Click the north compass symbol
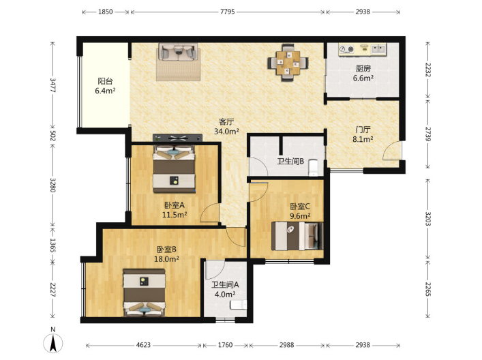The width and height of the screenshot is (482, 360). (53, 342)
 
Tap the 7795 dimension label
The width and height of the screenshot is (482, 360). (228, 12)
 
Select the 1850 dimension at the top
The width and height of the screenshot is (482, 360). (106, 12)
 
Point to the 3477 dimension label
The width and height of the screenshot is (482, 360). (53, 85)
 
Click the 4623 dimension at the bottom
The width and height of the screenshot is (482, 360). (143, 345)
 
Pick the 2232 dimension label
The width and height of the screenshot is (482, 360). (428, 70)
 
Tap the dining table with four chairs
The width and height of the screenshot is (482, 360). (288, 63)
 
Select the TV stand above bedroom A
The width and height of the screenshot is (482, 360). (177, 138)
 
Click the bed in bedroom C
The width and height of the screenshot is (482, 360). (297, 236)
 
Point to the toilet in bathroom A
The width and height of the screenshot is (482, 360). (239, 305)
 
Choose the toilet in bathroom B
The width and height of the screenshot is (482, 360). (313, 168)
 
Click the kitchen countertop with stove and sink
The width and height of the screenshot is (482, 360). (362, 49)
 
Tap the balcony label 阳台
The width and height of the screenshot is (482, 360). (105, 81)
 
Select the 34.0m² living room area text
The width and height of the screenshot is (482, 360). (226, 132)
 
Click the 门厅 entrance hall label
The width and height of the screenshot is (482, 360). (363, 130)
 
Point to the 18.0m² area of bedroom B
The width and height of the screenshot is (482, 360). (166, 259)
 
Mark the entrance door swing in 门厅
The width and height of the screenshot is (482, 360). (392, 151)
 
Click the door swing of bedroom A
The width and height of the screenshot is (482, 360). (209, 213)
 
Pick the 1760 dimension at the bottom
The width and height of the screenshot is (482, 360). (225, 345)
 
